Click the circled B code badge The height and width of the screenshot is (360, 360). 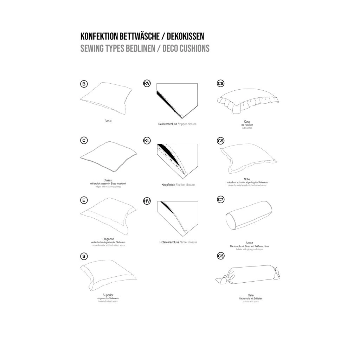tap(84, 84)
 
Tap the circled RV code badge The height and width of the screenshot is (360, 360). tap(147, 83)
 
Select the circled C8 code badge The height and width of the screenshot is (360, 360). tap(221, 84)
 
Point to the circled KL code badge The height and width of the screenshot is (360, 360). tap(147, 141)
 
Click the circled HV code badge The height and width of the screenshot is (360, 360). tap(147, 201)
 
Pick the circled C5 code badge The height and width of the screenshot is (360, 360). tap(221, 256)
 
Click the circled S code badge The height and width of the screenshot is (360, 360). tap(84, 256)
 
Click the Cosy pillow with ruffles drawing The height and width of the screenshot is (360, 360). tap(248, 100)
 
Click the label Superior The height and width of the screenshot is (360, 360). tap(108, 295)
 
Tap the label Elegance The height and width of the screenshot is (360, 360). tap(108, 239)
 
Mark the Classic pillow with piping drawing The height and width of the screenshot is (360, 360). tap(107, 156)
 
